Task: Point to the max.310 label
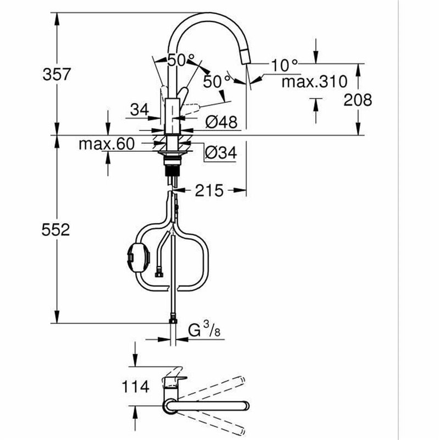[x=314, y=82]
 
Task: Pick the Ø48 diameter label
[x=222, y=122]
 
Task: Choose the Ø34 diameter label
[x=221, y=153]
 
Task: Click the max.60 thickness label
[x=106, y=144]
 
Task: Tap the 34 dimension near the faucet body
[x=139, y=110]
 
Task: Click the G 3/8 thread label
[x=204, y=331]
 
